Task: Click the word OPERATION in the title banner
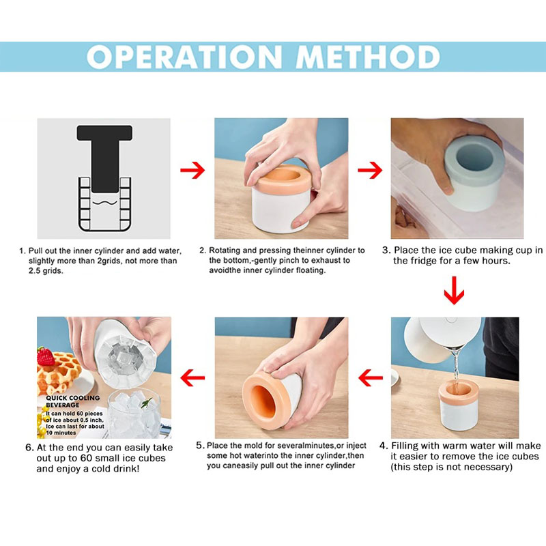[x=184, y=57]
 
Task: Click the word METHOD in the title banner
[x=368, y=57]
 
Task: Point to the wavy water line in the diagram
[x=104, y=203]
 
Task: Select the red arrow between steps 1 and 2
[x=192, y=170]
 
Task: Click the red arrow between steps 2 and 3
[x=370, y=170]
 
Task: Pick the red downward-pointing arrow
[x=454, y=291]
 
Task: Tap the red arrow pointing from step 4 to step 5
[x=371, y=378]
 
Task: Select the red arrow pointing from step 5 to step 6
[x=192, y=378]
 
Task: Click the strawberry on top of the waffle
[x=45, y=356]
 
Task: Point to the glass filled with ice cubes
[x=134, y=414]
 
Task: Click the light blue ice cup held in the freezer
[x=474, y=173]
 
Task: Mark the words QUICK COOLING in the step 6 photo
[x=73, y=398]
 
